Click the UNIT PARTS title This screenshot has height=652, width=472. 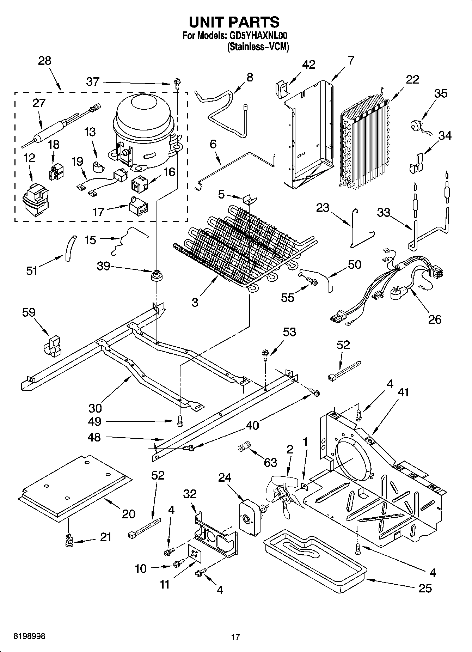coord(234,22)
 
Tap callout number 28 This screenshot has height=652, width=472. coord(45,61)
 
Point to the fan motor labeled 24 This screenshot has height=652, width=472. coord(249,517)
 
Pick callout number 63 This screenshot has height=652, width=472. coord(270,462)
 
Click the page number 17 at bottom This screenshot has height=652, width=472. coord(235,636)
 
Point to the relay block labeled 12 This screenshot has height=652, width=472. coord(35,199)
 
